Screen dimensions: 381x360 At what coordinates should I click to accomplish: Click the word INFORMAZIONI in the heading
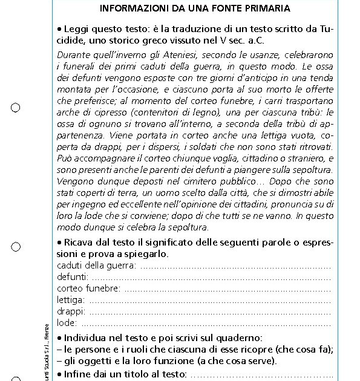tap(130, 8)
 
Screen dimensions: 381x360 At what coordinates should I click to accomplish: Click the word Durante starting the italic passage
tap(73, 55)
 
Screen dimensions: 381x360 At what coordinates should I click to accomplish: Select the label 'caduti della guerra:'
tap(96, 265)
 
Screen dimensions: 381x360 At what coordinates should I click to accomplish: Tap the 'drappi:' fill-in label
tap(71, 311)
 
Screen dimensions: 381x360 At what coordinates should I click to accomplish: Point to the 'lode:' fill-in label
tap(67, 323)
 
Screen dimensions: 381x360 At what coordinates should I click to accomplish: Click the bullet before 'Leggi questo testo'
tap(59, 30)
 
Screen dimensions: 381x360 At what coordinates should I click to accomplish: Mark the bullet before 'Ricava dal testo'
tap(59, 243)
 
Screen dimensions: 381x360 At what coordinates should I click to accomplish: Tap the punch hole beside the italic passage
tap(16, 108)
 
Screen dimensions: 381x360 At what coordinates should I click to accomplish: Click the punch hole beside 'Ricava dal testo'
tap(16, 247)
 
